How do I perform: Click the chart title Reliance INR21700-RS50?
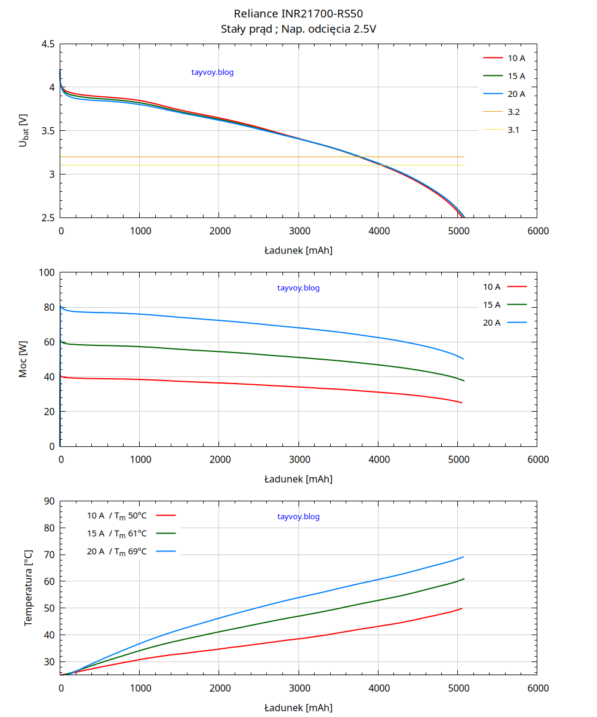298,14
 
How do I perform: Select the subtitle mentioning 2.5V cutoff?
298,29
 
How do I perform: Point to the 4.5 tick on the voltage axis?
48,44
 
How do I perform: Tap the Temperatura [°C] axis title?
28,589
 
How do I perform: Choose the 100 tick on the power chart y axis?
47,273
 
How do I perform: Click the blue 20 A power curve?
298,327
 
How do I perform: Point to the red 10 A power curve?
298,387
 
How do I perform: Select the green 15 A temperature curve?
298,615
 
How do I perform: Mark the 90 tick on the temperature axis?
50,501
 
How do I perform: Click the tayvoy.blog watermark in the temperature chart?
298,516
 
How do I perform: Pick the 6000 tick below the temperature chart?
538,688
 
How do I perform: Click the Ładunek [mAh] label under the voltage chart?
298,250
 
